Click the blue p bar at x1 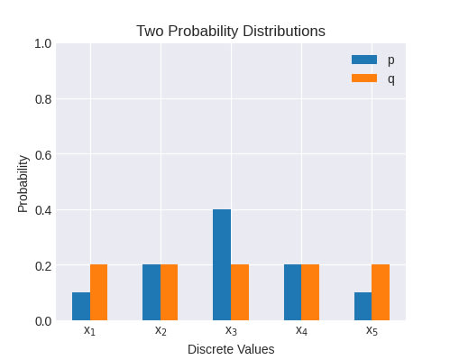click(x=81, y=306)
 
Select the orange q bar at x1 click(x=98, y=292)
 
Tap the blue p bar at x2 click(x=152, y=292)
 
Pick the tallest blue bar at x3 click(x=222, y=264)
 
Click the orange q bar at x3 click(x=240, y=292)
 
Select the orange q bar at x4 click(x=310, y=292)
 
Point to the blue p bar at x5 click(x=363, y=306)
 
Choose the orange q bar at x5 click(x=381, y=292)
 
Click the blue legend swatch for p click(x=364, y=60)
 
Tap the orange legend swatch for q click(x=364, y=78)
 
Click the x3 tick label click(x=231, y=330)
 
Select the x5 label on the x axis click(x=372, y=330)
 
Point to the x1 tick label click(x=89, y=330)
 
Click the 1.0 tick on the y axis click(x=43, y=44)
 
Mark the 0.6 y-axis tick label click(x=43, y=155)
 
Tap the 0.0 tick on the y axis click(x=43, y=321)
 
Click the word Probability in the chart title click(x=203, y=32)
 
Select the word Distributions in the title click(x=284, y=31)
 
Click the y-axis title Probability click(x=23, y=184)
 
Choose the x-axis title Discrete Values click(x=231, y=349)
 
